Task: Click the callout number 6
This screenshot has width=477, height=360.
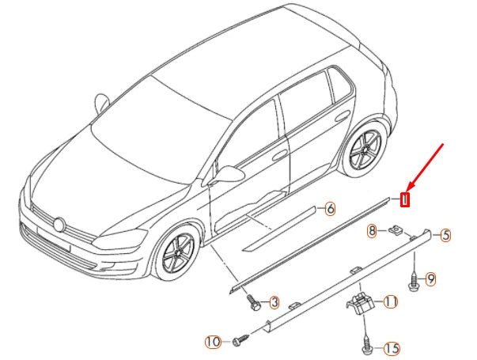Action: click(x=330, y=210)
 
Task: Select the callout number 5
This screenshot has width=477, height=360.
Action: click(x=445, y=235)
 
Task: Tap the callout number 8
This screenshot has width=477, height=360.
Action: click(x=371, y=230)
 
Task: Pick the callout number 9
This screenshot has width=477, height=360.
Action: click(x=431, y=279)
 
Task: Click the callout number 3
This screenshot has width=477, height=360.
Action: click(x=274, y=302)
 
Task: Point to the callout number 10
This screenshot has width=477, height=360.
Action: click(x=212, y=342)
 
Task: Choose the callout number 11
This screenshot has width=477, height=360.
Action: click(x=390, y=301)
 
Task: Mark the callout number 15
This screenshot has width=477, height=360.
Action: click(x=391, y=348)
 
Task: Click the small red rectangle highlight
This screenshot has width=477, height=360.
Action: click(x=404, y=199)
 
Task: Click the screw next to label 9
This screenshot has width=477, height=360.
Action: click(x=413, y=279)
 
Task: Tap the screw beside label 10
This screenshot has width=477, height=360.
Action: click(x=239, y=341)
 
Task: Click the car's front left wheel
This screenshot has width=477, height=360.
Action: click(x=176, y=255)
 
